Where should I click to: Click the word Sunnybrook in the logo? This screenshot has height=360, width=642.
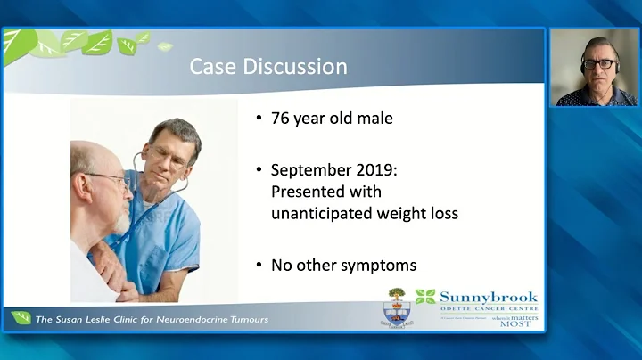coord(488,298)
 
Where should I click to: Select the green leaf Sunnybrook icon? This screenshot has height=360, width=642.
coord(425,297)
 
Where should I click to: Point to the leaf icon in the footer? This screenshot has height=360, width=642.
coord(21,318)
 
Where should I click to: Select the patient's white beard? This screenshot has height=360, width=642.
coord(120,219)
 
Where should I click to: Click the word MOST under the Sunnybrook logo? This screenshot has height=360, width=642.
coord(515,323)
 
